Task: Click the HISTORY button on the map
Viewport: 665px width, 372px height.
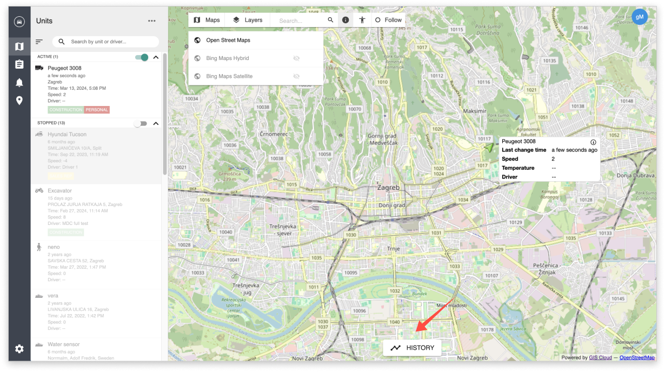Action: click(412, 348)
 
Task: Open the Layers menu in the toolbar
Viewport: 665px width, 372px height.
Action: click(247, 20)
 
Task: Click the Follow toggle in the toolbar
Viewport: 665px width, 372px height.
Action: click(388, 20)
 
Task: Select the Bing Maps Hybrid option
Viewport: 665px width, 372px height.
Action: click(227, 58)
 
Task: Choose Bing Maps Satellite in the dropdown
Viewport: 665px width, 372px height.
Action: click(229, 76)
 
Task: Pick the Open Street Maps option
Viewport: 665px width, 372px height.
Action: click(228, 40)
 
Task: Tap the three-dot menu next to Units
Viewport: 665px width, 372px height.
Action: click(152, 21)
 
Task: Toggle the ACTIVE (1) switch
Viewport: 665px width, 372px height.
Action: click(142, 57)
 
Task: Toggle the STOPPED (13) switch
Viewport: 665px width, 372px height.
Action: click(141, 123)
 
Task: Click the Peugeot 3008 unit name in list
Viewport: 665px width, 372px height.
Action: click(64, 68)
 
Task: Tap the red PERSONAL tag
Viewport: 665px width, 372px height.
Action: click(97, 110)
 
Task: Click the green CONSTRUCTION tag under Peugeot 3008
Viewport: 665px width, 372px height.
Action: click(65, 110)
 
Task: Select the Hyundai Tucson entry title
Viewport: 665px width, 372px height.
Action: click(66, 134)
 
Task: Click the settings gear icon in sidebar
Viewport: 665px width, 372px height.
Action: click(19, 349)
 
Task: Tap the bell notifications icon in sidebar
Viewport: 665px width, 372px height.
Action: click(19, 82)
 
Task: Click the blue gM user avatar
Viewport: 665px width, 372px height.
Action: click(640, 17)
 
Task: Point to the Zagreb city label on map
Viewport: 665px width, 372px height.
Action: click(388, 188)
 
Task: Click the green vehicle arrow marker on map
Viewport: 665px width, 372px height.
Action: click(489, 147)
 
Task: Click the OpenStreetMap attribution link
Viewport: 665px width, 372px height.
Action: click(637, 357)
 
